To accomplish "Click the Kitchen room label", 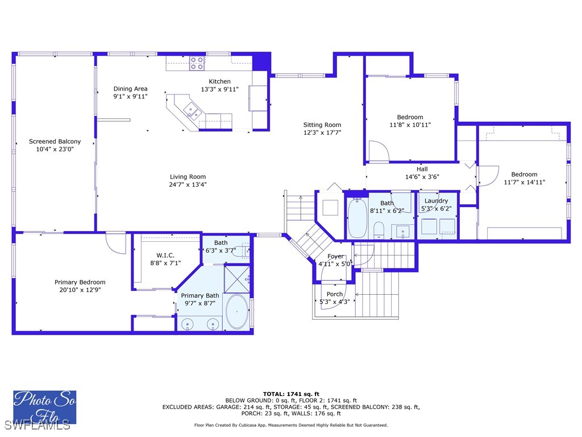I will pos(219,81).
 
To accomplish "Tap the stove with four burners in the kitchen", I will pos(197,63).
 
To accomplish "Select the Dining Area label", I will pos(130,89).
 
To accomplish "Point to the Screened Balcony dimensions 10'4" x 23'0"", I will pos(55,149).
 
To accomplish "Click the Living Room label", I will pos(188,176).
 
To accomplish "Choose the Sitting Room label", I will pos(322,125).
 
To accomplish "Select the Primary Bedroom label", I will pos(80,282).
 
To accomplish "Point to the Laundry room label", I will pos(436,201).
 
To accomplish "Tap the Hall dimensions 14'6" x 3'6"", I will pos(422,177).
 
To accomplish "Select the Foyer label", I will pos(335,256).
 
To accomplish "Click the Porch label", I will pos(335,294).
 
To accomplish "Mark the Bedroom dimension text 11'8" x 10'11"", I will pos(410,125).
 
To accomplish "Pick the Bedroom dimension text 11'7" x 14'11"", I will pos(524,182).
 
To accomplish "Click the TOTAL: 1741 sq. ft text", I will pos(291,394).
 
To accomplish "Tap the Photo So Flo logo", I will pos(44,407).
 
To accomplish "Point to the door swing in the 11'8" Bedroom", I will pos(377,151).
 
